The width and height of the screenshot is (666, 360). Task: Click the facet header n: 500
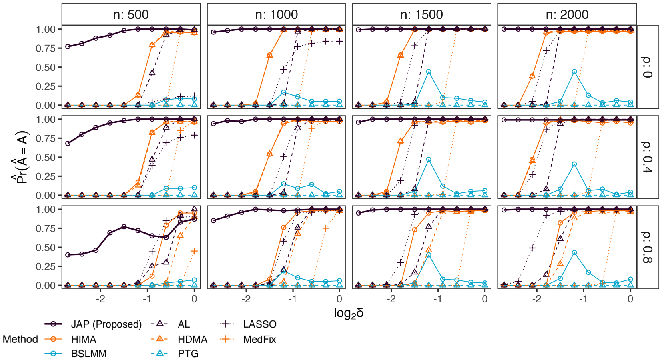tap(131, 15)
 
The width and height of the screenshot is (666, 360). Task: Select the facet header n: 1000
tap(276, 15)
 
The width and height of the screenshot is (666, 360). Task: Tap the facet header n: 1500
tap(421, 15)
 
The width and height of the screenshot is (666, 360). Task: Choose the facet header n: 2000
tap(567, 15)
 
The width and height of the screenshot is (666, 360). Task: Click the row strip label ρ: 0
tap(647, 67)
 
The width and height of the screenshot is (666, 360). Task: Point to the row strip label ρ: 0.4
tap(647, 157)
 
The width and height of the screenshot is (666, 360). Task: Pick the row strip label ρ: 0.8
tap(647, 247)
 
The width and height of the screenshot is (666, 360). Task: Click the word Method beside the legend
tap(20, 340)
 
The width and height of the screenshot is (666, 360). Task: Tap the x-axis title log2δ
tap(349, 313)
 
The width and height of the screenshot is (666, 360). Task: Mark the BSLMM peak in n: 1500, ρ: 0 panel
tap(429, 72)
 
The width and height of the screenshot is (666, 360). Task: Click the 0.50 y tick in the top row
tap(46, 67)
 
